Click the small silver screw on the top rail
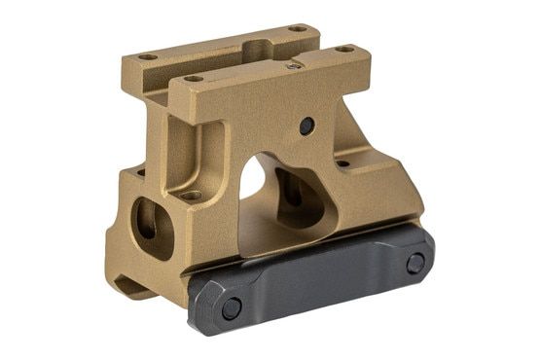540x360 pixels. [x=294, y=66]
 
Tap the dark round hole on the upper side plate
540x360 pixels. [x=306, y=126]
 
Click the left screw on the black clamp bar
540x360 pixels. [x=231, y=308]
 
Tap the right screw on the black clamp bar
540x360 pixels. [x=415, y=263]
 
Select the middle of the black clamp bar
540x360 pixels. [x=321, y=282]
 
